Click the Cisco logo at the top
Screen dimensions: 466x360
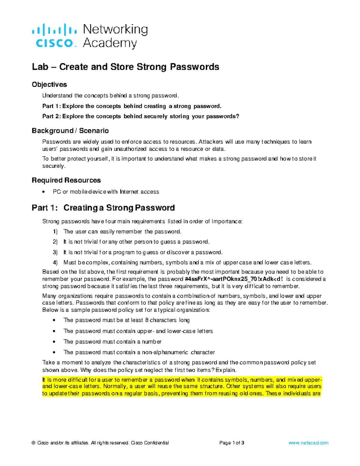(x=54, y=36)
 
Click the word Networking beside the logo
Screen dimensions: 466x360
(x=115, y=29)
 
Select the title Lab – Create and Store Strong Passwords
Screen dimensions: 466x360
(x=125, y=67)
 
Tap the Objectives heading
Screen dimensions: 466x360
(x=49, y=85)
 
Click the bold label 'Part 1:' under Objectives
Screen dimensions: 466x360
(x=52, y=106)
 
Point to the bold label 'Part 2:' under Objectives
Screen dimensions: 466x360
(x=52, y=116)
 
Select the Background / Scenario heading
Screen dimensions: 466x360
(x=70, y=131)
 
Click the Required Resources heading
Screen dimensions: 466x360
(x=66, y=180)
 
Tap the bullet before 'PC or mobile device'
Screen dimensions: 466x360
(x=44, y=192)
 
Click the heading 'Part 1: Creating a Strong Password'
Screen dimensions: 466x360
(x=103, y=208)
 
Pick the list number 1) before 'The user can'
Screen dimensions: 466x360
(x=55, y=232)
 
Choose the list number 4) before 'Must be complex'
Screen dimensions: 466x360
(x=55, y=263)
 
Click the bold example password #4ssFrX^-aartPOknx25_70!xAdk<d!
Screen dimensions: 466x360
(x=234, y=279)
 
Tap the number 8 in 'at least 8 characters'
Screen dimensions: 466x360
(x=147, y=320)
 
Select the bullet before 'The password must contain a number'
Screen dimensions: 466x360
(x=54, y=342)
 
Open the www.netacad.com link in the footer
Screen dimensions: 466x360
(x=308, y=443)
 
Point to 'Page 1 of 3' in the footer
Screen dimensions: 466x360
(x=232, y=443)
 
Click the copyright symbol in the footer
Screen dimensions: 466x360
(x=34, y=443)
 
